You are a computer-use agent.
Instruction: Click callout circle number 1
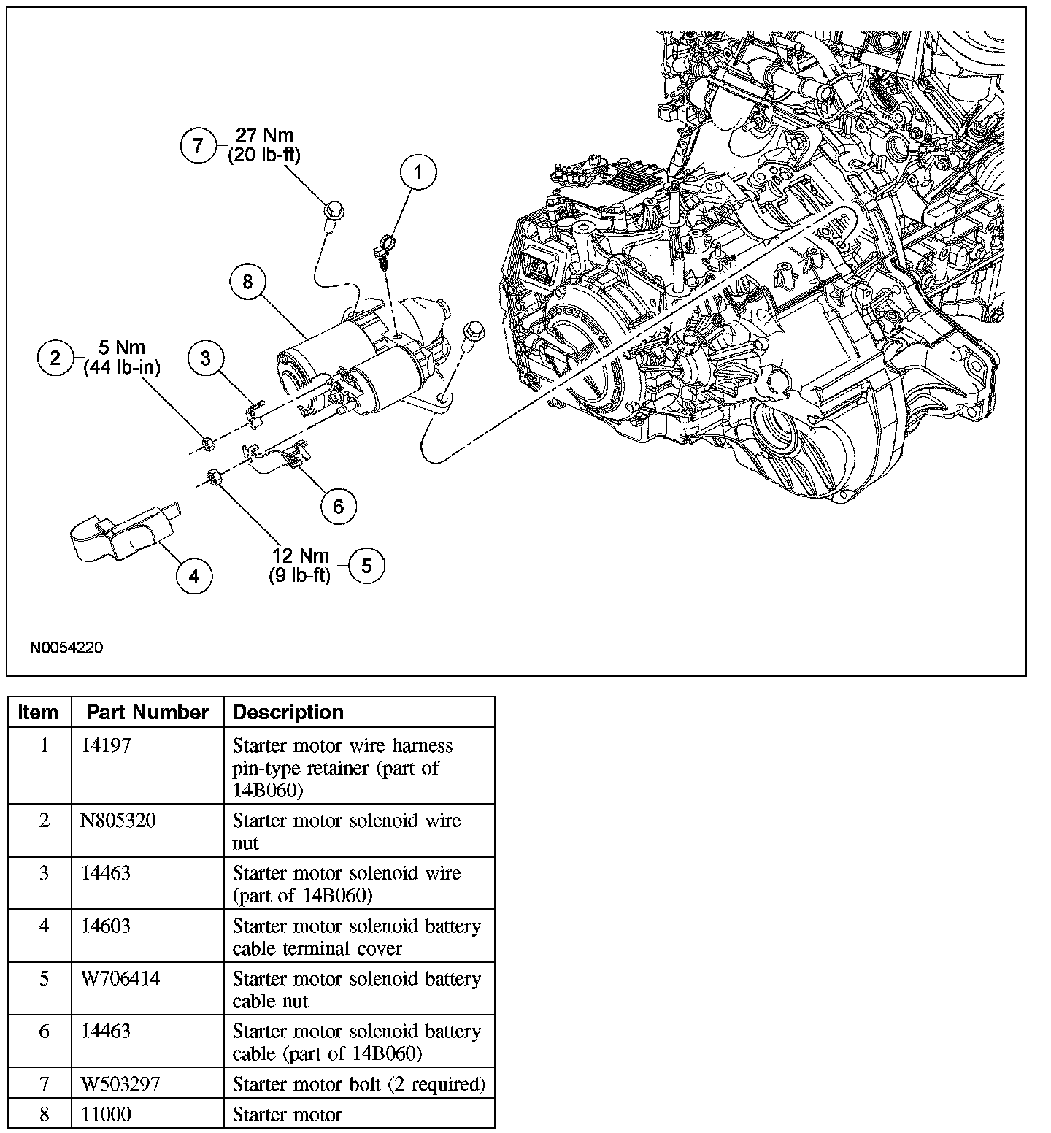[417, 173]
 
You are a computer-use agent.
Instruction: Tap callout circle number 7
[199, 145]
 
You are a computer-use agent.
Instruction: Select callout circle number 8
[247, 281]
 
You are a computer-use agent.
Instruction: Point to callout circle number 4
[193, 577]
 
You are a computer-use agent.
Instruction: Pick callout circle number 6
[338, 506]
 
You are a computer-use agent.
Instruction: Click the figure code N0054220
[66, 648]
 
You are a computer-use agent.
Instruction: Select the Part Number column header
[147, 712]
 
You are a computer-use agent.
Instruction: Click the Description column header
[288, 712]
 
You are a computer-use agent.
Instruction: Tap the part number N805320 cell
[118, 821]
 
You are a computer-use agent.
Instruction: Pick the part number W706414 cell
[120, 978]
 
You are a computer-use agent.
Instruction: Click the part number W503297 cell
[120, 1084]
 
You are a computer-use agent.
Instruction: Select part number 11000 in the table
[105, 1115]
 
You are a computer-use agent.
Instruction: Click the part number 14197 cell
[106, 745]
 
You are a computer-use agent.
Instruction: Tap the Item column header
[39, 712]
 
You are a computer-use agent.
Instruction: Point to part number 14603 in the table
[106, 926]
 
